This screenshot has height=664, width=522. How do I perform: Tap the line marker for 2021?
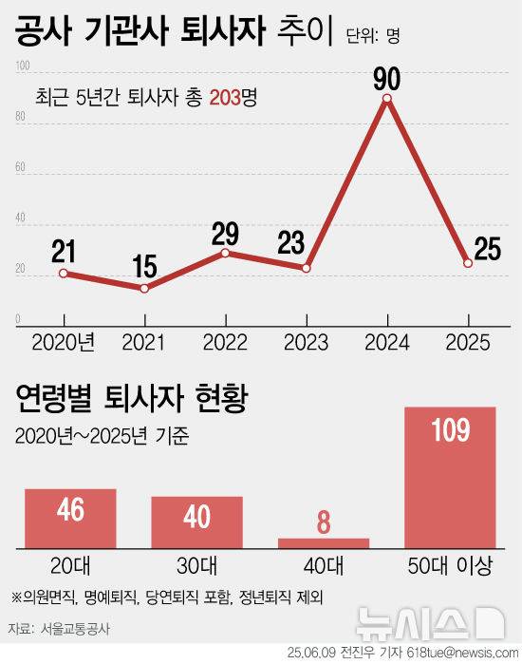click(x=144, y=288)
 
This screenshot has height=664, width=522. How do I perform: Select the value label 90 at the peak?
click(x=386, y=75)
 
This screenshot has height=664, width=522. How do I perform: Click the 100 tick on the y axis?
click(x=23, y=66)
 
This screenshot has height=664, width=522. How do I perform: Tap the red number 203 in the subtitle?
click(x=226, y=97)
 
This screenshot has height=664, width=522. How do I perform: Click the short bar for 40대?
click(x=324, y=542)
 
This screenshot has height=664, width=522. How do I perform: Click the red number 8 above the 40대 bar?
click(x=324, y=522)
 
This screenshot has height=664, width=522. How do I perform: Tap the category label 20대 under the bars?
click(x=71, y=567)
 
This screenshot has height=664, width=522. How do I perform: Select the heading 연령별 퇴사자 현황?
click(x=131, y=396)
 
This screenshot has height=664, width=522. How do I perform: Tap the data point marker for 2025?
click(x=468, y=263)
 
